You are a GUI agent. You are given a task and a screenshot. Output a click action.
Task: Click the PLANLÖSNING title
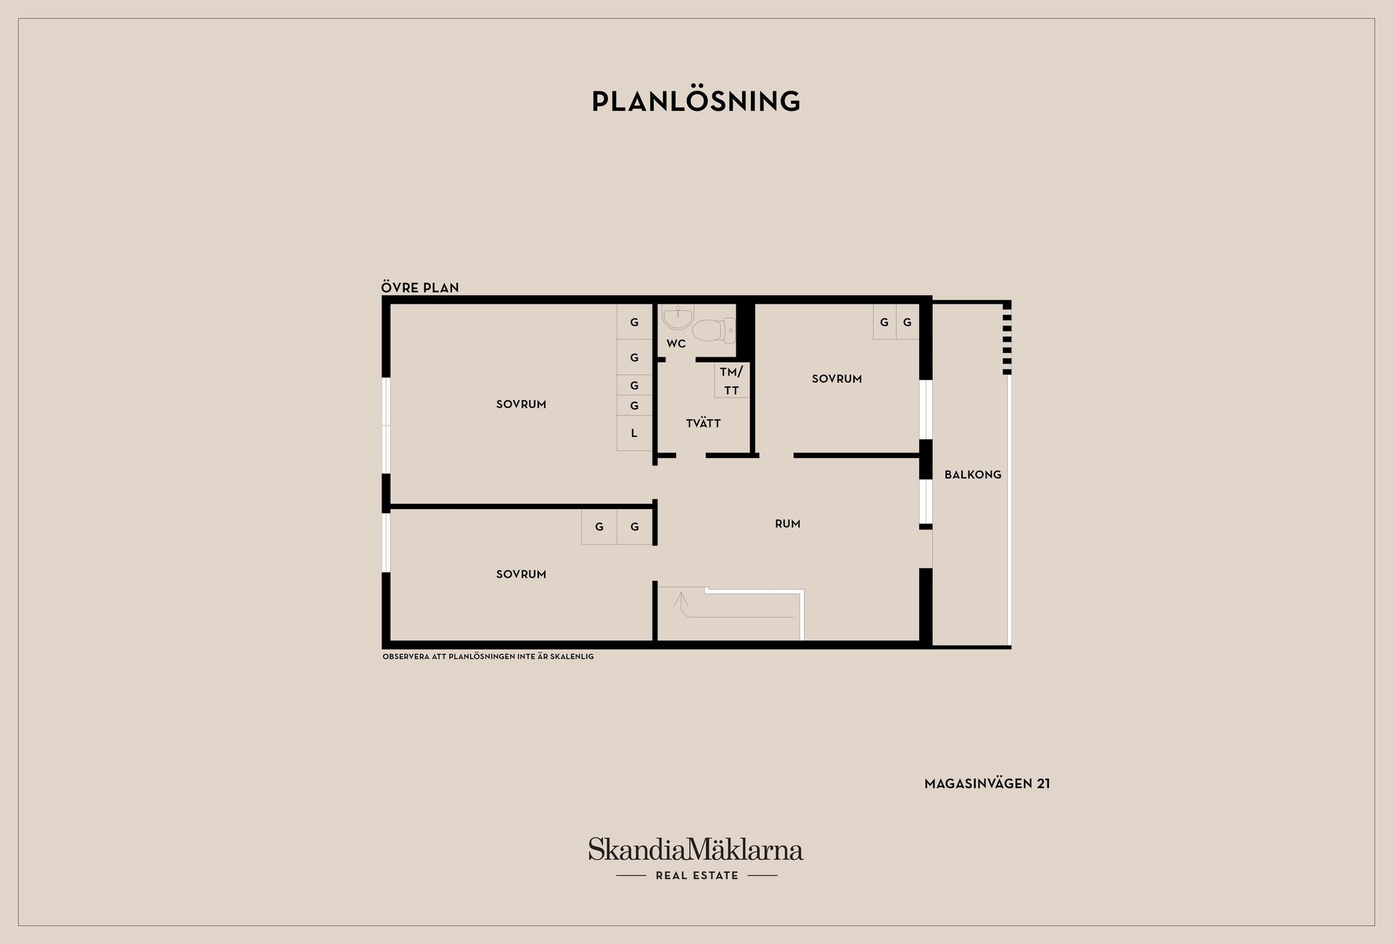coord(696,101)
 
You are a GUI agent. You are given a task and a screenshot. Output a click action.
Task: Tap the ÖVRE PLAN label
coord(420,287)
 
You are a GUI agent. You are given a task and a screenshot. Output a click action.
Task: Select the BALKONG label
coord(973,474)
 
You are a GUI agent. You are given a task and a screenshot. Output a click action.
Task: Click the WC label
coord(676,343)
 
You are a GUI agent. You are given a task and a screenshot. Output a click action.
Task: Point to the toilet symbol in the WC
coord(714,331)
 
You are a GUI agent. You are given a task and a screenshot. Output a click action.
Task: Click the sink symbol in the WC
coord(678,317)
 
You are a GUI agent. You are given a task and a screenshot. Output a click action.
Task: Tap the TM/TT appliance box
coord(731,381)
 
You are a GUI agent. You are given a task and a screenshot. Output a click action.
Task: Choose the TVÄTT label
coord(703,423)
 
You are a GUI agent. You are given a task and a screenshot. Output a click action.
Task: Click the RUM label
coord(788,523)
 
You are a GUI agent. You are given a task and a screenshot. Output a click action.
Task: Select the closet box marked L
coord(635,434)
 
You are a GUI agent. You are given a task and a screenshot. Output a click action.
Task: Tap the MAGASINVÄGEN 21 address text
coord(987,783)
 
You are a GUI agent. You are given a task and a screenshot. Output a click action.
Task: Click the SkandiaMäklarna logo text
coord(696,849)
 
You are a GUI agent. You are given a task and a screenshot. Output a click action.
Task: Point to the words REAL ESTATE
coord(697,875)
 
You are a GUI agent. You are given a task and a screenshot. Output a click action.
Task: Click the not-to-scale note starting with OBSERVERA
coord(488,656)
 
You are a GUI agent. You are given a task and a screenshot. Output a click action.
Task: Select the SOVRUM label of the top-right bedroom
coord(837,378)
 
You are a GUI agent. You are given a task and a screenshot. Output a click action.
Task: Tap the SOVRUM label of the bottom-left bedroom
coord(521,574)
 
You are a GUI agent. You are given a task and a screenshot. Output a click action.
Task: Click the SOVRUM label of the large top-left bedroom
coord(521,404)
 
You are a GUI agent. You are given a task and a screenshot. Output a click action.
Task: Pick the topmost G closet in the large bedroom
coord(635,322)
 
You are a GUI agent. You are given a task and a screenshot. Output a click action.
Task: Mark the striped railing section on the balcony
coord(1006,339)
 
